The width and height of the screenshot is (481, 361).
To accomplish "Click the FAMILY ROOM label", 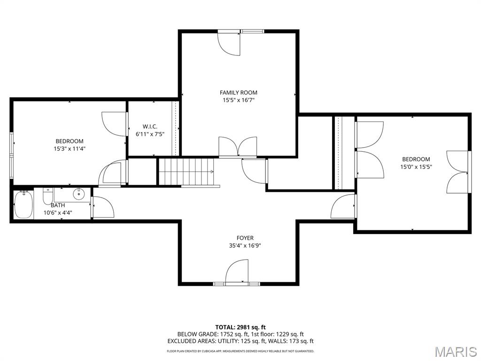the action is pyautogui.click(x=238, y=93).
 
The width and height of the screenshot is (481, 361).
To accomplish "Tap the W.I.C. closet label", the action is pyautogui.click(x=150, y=126).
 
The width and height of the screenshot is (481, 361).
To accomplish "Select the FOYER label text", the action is pyautogui.click(x=245, y=238).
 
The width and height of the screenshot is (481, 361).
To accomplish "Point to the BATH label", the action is pyautogui.click(x=58, y=205).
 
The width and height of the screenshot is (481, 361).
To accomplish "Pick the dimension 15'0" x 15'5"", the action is pyautogui.click(x=416, y=167).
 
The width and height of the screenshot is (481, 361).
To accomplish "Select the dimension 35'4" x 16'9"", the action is pyautogui.click(x=245, y=245).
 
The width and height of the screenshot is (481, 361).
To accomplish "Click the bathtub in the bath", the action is pyautogui.click(x=23, y=204).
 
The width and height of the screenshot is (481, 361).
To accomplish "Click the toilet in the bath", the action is pyautogui.click(x=48, y=196).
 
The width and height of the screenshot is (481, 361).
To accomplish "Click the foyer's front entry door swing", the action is pyautogui.click(x=237, y=271).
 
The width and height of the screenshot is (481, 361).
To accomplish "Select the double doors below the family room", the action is pyautogui.click(x=238, y=147).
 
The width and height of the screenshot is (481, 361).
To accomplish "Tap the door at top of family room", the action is pyautogui.click(x=229, y=44).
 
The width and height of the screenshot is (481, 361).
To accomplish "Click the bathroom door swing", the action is pyautogui.click(x=103, y=207).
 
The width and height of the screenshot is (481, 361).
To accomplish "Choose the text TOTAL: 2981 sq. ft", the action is pyautogui.click(x=240, y=327).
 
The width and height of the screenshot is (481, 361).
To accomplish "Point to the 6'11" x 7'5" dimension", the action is pyautogui.click(x=150, y=134).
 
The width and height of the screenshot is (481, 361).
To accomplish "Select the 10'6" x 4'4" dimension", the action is pyautogui.click(x=58, y=212).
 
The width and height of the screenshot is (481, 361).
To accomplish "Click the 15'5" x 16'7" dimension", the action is pyautogui.click(x=238, y=100).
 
